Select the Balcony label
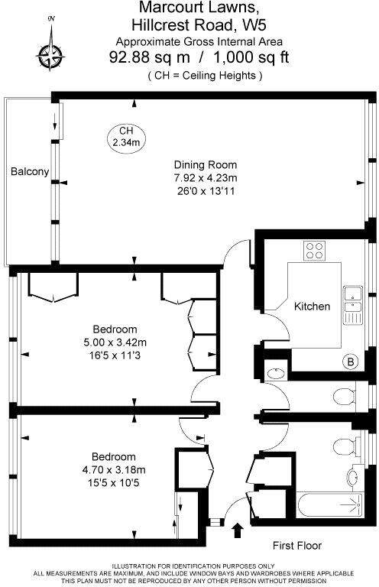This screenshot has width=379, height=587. [x=30, y=172]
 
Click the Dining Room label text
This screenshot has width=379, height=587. [x=205, y=164]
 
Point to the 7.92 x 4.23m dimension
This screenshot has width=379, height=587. [x=205, y=178]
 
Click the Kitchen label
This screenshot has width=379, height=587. [x=313, y=306]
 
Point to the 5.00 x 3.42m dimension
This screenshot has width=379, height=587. [x=115, y=342]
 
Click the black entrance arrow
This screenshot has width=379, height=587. [x=236, y=528]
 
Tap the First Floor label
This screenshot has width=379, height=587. [x=297, y=546]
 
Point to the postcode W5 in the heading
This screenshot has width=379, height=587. [x=263, y=24]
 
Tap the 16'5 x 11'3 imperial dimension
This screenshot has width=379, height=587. [x=115, y=355]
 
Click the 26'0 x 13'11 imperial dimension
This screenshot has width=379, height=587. [x=205, y=191]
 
